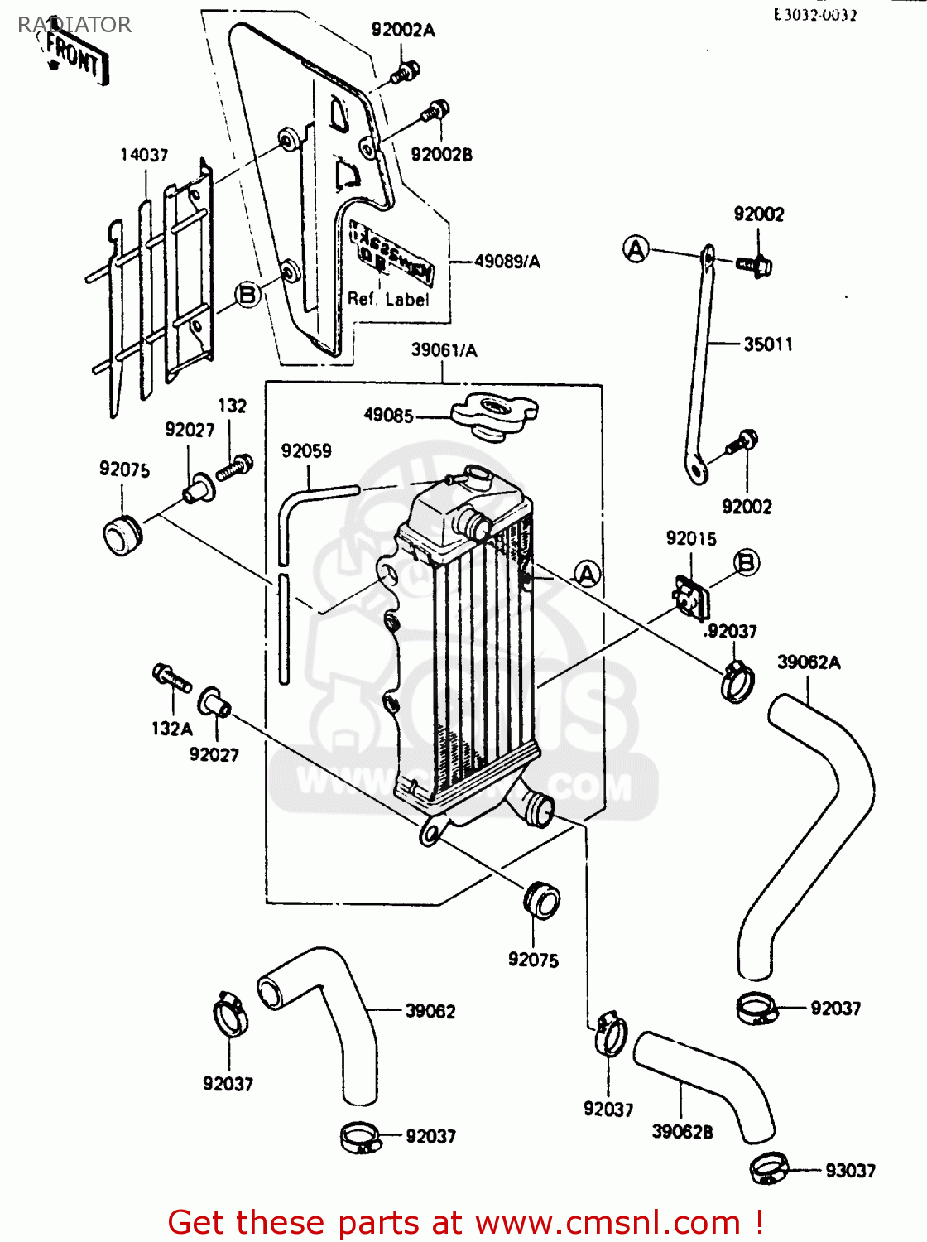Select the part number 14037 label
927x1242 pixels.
coord(144,155)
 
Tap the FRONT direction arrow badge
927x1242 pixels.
coord(75,57)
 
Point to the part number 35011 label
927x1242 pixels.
coord(768,344)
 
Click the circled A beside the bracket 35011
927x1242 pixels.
coord(636,249)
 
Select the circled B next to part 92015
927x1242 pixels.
coord(746,563)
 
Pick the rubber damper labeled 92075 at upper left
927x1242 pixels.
coord(122,535)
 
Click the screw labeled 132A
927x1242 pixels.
coord(171,678)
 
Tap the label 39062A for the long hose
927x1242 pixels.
coord(809,662)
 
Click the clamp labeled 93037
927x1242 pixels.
coord(769,1168)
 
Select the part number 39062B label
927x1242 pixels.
coord(682,1132)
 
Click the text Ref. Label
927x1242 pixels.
coord(388,300)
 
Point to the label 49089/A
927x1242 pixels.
coord(507,262)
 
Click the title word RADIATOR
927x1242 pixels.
coord(74,25)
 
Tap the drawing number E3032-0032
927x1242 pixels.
coord(815,15)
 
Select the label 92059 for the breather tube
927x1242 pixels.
coord(306,451)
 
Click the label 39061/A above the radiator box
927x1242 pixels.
coord(444,350)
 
